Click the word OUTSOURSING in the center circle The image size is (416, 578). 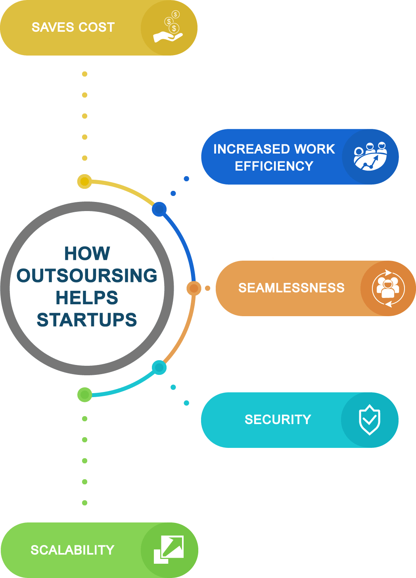pyautogui.click(x=87, y=275)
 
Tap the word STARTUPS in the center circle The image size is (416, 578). pyautogui.click(x=87, y=320)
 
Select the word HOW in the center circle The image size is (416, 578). pyautogui.click(x=87, y=253)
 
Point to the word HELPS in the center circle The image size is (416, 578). pyautogui.click(x=87, y=298)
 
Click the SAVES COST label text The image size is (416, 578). pyautogui.click(x=73, y=27)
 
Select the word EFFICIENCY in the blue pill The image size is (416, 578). pyautogui.click(x=274, y=166)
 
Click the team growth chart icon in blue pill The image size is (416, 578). pyautogui.click(x=370, y=156)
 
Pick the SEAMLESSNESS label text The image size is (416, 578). pyautogui.click(x=291, y=288)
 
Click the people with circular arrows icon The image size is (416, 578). pyautogui.click(x=388, y=288)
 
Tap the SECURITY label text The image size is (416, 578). pyautogui.click(x=278, y=420)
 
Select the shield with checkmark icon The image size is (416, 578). pyautogui.click(x=370, y=420)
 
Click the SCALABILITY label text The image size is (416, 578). pyautogui.click(x=73, y=550)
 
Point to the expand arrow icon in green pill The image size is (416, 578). pyautogui.click(x=169, y=549)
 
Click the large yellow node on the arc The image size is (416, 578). pyautogui.click(x=84, y=181)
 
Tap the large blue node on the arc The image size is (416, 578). pyautogui.click(x=159, y=209)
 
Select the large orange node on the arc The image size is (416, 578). pyautogui.click(x=194, y=288)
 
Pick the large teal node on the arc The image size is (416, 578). pyautogui.click(x=159, y=367)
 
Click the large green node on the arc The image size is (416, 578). pyautogui.click(x=84, y=395)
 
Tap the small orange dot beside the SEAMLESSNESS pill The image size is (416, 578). pyautogui.click(x=208, y=288)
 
